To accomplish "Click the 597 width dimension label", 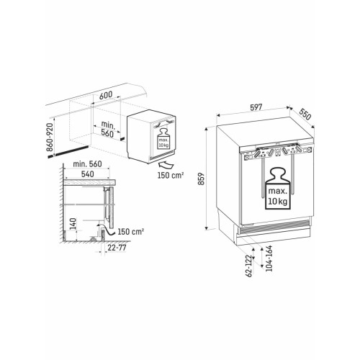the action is click(256, 107).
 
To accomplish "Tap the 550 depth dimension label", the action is click(305, 114).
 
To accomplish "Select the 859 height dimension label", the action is click(201, 179).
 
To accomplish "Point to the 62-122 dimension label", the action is click(250, 266).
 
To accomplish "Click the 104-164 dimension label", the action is click(269, 258).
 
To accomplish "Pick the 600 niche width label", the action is click(106, 95).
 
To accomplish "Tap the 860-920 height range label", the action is click(50, 137).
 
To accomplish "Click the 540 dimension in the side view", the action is click(87, 174).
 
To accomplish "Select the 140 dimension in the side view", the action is click(73, 224).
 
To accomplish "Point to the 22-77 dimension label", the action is click(117, 248).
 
